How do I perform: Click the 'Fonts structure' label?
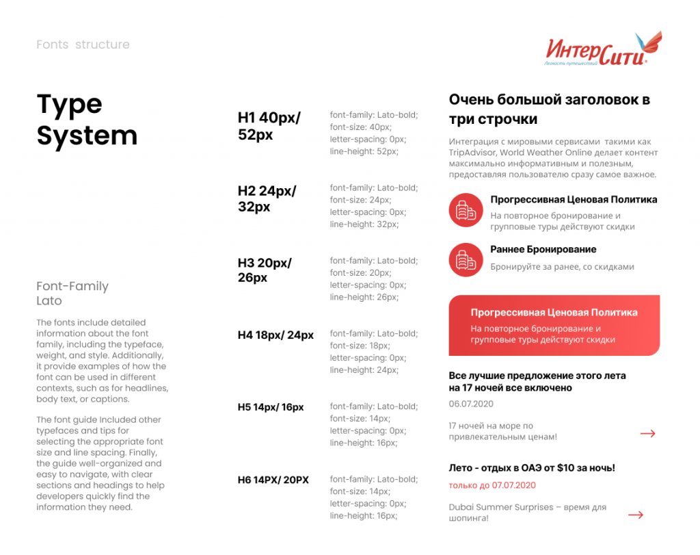coord(83,44)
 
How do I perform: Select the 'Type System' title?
coord(87,120)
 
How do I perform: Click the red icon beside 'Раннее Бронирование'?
coord(466,259)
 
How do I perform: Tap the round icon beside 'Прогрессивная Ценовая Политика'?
coord(466,210)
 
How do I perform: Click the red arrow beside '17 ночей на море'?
coord(647,433)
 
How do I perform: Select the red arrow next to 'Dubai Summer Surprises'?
coord(636,515)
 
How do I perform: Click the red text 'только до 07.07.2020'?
coord(492,485)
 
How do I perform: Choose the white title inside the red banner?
coord(554,313)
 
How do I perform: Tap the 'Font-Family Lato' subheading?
coord(72,293)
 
